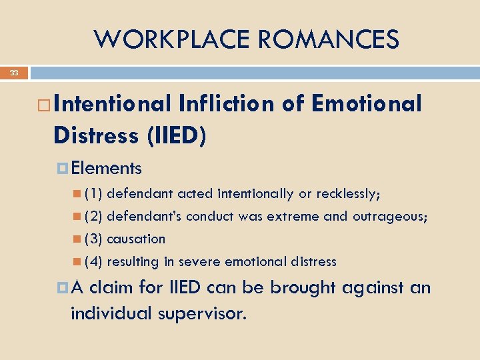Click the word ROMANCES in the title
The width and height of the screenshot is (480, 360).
coord(329,39)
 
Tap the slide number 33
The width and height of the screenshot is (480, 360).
coord(14,73)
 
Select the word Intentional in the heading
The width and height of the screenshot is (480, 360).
coord(113,104)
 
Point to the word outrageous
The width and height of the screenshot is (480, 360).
coord(390,217)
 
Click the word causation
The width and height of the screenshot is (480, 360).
coord(136,239)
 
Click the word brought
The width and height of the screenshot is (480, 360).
coord(299,288)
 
